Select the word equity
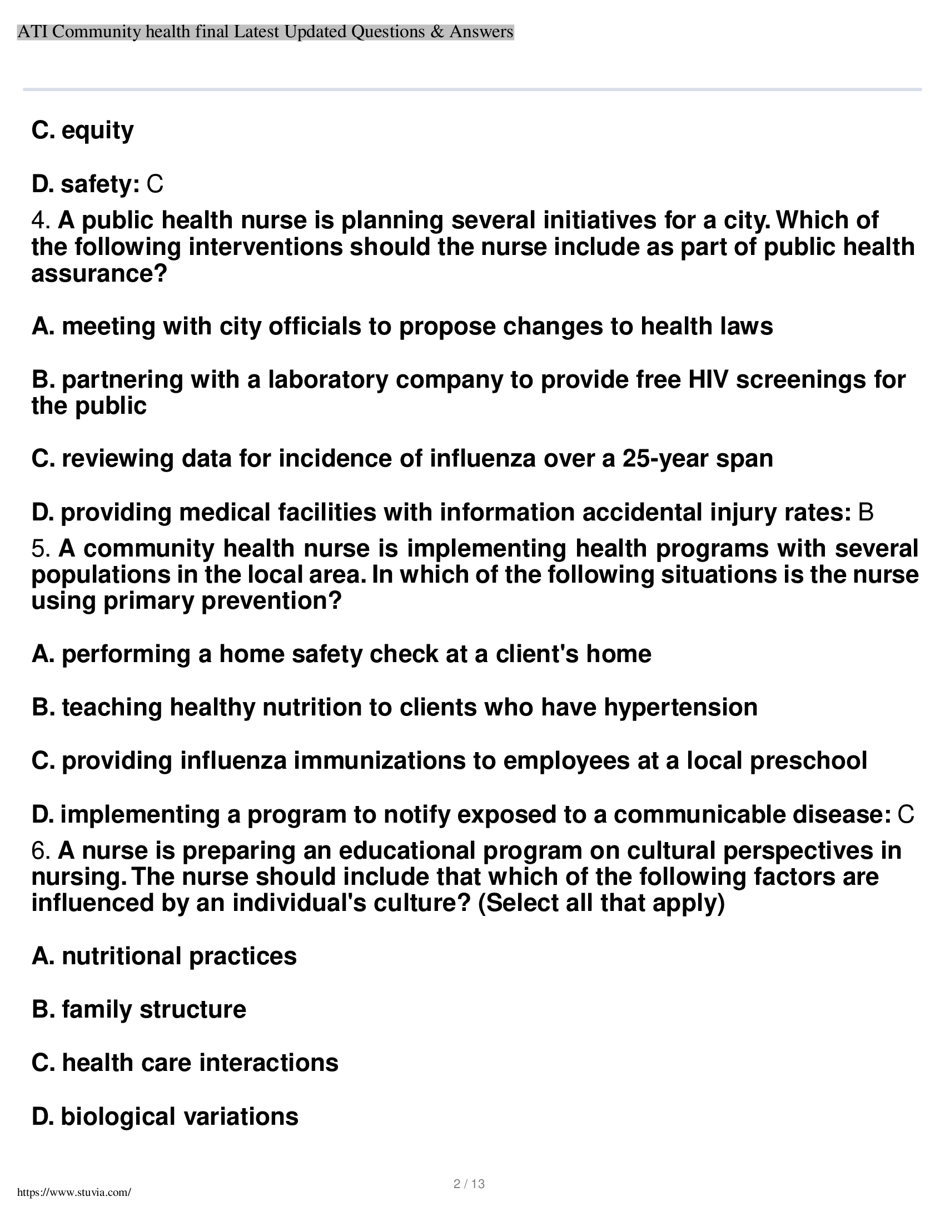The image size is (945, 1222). coord(97,131)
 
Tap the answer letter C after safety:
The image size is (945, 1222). coord(155,184)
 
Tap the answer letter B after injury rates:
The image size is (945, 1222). coord(866,513)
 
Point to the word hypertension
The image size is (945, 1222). coord(680,708)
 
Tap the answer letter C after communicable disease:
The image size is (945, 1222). coord(906,815)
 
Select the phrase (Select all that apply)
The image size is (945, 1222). coord(601,904)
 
